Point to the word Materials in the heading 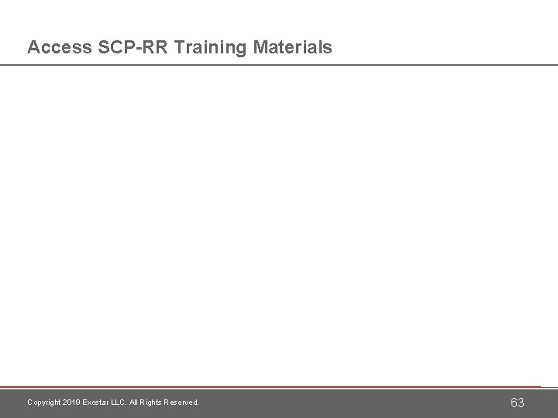pos(291,48)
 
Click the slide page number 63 pos(517,403)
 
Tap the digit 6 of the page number pos(513,403)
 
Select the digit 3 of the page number pos(522,403)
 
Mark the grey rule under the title pos(279,65)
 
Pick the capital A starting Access pos(33,48)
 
